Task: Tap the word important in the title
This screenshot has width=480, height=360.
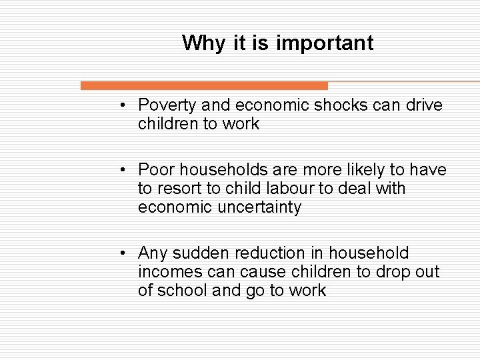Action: pos(325,43)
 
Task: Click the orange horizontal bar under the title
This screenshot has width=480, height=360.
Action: pos(204,86)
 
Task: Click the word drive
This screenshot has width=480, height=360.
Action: pos(422,105)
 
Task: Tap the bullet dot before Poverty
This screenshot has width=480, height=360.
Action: pos(125,105)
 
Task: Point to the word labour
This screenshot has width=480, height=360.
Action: pos(293,189)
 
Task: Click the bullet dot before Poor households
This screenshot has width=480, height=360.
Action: pos(125,171)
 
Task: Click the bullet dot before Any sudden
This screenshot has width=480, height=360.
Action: pos(125,253)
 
